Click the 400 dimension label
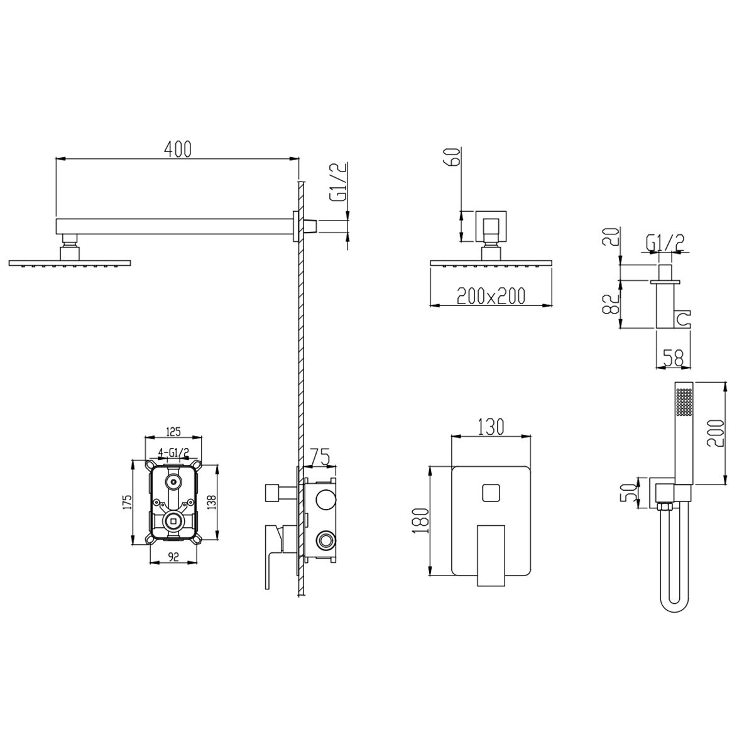[x=178, y=149]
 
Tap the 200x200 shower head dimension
[x=491, y=296]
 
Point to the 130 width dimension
[x=491, y=427]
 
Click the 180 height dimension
[x=423, y=521]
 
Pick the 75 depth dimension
[x=320, y=456]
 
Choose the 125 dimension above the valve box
[x=173, y=432]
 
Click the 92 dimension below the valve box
[x=173, y=557]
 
